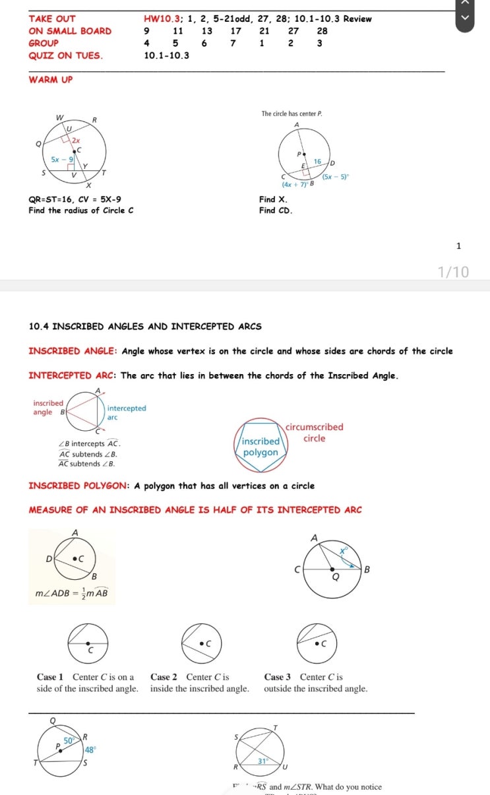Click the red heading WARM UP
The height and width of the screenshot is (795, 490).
click(x=51, y=80)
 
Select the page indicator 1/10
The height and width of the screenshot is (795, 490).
click(x=454, y=272)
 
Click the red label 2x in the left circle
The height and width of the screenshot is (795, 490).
click(x=77, y=141)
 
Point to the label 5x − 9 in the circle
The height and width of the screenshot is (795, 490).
click(x=63, y=160)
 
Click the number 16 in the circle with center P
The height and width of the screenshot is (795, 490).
click(x=317, y=161)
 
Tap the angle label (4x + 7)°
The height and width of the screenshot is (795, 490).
click(x=295, y=185)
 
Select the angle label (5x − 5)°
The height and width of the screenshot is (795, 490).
click(x=336, y=177)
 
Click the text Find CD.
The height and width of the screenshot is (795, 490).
click(x=276, y=210)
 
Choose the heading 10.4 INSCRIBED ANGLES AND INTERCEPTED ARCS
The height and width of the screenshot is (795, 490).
click(x=145, y=327)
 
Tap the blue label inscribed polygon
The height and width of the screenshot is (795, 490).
click(x=261, y=447)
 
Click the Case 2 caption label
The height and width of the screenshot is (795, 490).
click(x=164, y=677)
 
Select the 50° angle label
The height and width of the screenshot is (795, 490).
click(x=69, y=742)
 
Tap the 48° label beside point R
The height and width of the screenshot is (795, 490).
click(x=90, y=749)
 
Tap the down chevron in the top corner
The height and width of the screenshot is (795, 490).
click(x=467, y=17)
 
